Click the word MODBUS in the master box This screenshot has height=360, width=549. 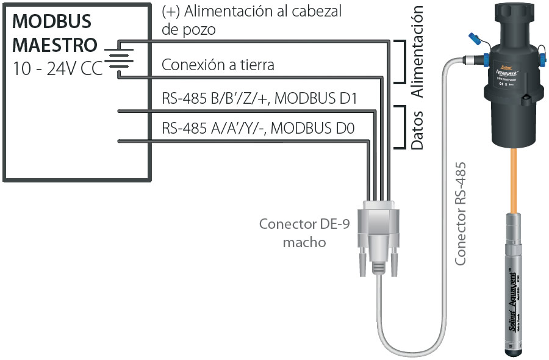point(52,21)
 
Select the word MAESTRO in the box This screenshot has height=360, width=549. point(55,45)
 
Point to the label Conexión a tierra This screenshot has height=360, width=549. point(218,65)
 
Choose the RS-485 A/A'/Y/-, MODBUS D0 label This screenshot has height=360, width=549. point(258,128)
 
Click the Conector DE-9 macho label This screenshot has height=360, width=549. point(304,232)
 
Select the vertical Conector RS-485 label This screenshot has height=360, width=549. point(461,213)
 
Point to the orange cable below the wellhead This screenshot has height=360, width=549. point(514,177)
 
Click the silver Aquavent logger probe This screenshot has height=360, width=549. point(514,275)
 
